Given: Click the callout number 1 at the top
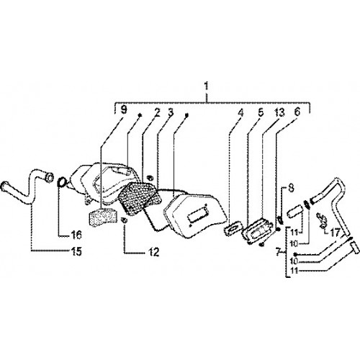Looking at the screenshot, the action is click(x=206, y=86).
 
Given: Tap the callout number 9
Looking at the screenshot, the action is click(x=123, y=110).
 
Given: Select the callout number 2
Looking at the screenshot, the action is click(x=157, y=112).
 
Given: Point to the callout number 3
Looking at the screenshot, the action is click(x=171, y=112).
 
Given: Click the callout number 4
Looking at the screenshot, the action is click(x=240, y=112).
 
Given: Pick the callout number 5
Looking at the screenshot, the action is click(x=261, y=112).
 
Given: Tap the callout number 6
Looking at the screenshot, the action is click(x=297, y=112).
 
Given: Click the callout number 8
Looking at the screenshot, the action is click(x=291, y=188).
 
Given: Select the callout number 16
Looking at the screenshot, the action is click(x=76, y=235).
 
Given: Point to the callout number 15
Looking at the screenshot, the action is click(x=76, y=251).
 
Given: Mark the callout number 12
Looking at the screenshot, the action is click(x=153, y=252).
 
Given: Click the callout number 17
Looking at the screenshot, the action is click(x=335, y=232).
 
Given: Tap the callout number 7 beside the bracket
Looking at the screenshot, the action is click(x=278, y=252).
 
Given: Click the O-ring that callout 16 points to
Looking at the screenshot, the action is click(x=62, y=181).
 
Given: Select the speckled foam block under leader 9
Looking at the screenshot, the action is click(x=102, y=217).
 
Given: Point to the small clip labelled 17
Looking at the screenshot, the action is click(x=323, y=219).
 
